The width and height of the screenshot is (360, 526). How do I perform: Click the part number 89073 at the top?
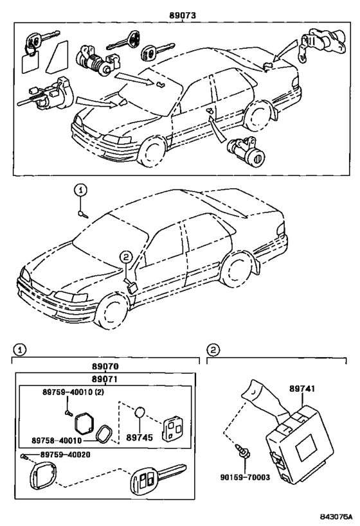pos(183,15)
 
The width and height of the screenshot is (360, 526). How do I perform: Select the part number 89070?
pos(106,366)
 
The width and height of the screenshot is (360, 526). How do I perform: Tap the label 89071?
pos(105,379)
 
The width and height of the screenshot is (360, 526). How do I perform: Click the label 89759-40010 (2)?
pos(73,392)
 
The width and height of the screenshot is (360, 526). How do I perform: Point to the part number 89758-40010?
pos(57,440)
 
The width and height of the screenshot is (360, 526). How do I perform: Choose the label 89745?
pos(139,437)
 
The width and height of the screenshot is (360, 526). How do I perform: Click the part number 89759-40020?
pos(66,455)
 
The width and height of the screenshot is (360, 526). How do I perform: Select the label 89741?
pos(302,389)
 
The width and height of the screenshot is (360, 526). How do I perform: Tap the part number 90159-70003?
pos(245,477)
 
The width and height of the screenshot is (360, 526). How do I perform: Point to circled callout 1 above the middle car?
pos(80,191)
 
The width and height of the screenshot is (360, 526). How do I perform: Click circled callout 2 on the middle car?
pos(125,258)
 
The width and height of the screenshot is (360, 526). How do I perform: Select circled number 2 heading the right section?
pos(213,350)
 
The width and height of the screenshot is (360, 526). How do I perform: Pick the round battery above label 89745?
pos(140,412)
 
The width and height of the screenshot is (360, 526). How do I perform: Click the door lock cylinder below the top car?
pos(246,152)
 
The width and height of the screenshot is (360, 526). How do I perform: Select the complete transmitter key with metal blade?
pos(158,478)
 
